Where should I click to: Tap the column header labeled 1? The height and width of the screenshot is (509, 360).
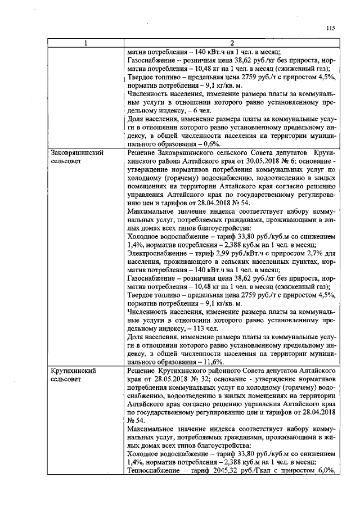pyautogui.click(x=85, y=43)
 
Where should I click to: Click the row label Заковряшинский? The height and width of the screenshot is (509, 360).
pyautogui.click(x=76, y=153)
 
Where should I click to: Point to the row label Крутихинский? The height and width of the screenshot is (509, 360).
pyautogui.click(x=73, y=371)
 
